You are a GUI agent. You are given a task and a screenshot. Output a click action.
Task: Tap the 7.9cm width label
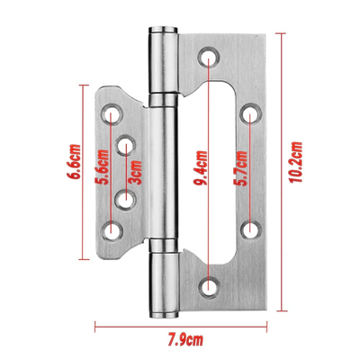[183, 339]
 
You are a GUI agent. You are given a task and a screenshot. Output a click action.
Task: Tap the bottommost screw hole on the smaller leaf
[112, 230]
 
